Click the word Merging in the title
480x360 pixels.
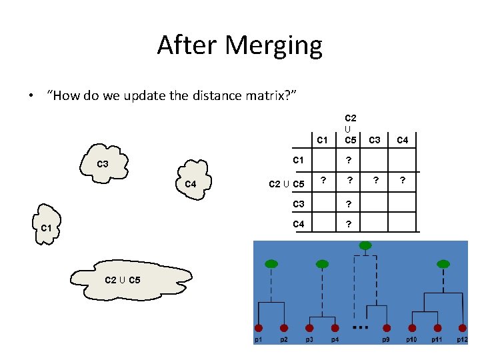coord(275,46)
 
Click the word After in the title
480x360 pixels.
coord(188,45)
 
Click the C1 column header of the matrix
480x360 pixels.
coord(323,140)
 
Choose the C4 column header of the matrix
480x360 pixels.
coord(403,140)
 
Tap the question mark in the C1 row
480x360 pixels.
coord(349,160)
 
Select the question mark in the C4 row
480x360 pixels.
coord(349,224)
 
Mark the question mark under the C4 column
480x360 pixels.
coord(402,180)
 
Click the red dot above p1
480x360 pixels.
coord(259,328)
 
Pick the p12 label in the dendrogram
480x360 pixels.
coord(462,340)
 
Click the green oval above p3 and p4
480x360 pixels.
coord(322,265)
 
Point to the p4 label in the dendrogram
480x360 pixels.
coord(335,340)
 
